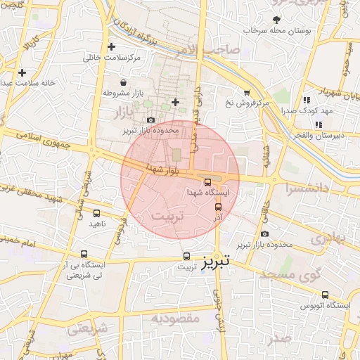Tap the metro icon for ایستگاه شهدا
[207, 181]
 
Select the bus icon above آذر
[218, 207]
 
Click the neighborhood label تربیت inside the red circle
[167, 217]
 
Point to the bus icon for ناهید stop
[96, 212]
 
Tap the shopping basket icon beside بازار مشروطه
[124, 83]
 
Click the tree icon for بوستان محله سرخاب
[276, 20]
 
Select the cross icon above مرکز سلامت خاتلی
[111, 47]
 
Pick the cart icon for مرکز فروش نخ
[247, 93]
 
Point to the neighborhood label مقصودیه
[175, 319]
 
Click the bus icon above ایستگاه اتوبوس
[325, 295]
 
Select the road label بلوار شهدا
[162, 169]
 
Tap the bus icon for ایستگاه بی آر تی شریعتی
[84, 255]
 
